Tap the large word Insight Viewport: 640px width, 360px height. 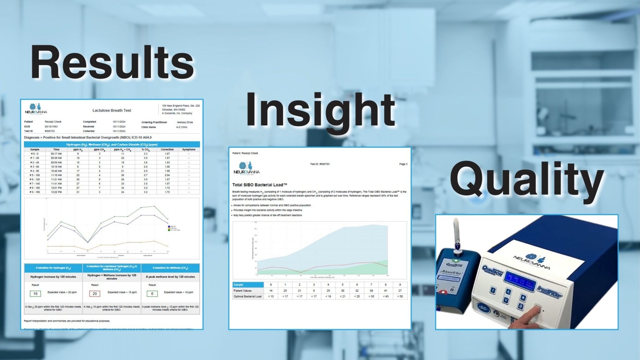pyautogui.click(x=320, y=111)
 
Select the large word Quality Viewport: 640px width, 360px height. pyautogui.click(x=527, y=181)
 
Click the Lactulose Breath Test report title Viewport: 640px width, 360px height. pyautogui.click(x=112, y=110)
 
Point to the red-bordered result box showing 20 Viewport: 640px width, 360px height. pyautogui.click(x=95, y=293)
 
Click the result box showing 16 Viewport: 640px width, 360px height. pyautogui.click(x=35, y=293)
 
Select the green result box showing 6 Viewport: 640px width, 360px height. pyautogui.click(x=152, y=293)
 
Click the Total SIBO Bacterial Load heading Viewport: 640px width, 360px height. pyautogui.click(x=259, y=185)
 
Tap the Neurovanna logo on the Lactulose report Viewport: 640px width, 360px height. pyautogui.click(x=36, y=109)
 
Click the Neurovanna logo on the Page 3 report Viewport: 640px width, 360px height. pyautogui.click(x=247, y=168)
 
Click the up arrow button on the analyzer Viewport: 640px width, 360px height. pyautogui.click(x=508, y=292)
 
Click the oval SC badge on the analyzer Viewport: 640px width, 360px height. pyautogui.click(x=483, y=309)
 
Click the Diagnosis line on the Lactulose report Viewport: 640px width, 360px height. pyautogui.click(x=88, y=137)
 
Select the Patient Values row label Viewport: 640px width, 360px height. pyautogui.click(x=242, y=291)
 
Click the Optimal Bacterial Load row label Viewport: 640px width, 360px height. pyautogui.click(x=247, y=296)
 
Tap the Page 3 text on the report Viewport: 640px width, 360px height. pyautogui.click(x=403, y=164)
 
